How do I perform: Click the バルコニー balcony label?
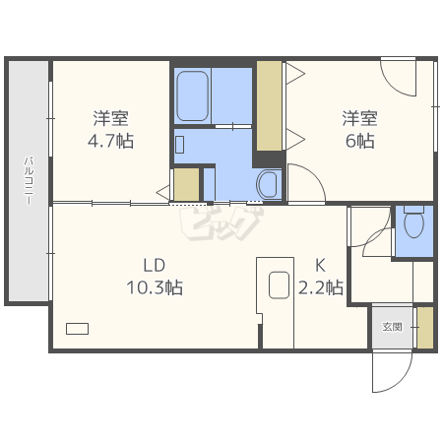[x=29, y=181]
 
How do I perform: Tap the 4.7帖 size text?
[x=110, y=141]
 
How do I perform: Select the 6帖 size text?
[x=360, y=141]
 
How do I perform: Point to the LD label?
[x=155, y=266]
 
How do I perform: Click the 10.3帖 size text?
[x=155, y=287]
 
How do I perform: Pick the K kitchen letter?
[x=320, y=266]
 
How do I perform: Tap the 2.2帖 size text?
[x=321, y=287]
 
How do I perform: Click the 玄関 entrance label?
[x=392, y=327]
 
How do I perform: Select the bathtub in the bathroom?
[x=193, y=95]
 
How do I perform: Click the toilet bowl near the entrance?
[x=414, y=221]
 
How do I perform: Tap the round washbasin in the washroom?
[x=267, y=184]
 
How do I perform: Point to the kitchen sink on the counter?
[x=279, y=285]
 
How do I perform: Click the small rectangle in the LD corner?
[x=77, y=329]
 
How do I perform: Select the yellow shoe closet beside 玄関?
[x=425, y=328]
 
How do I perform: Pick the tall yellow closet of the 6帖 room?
[x=269, y=105]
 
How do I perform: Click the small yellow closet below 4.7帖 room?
[x=186, y=184]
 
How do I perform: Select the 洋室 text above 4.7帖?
[x=110, y=118]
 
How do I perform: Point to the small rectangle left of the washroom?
[x=179, y=145]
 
